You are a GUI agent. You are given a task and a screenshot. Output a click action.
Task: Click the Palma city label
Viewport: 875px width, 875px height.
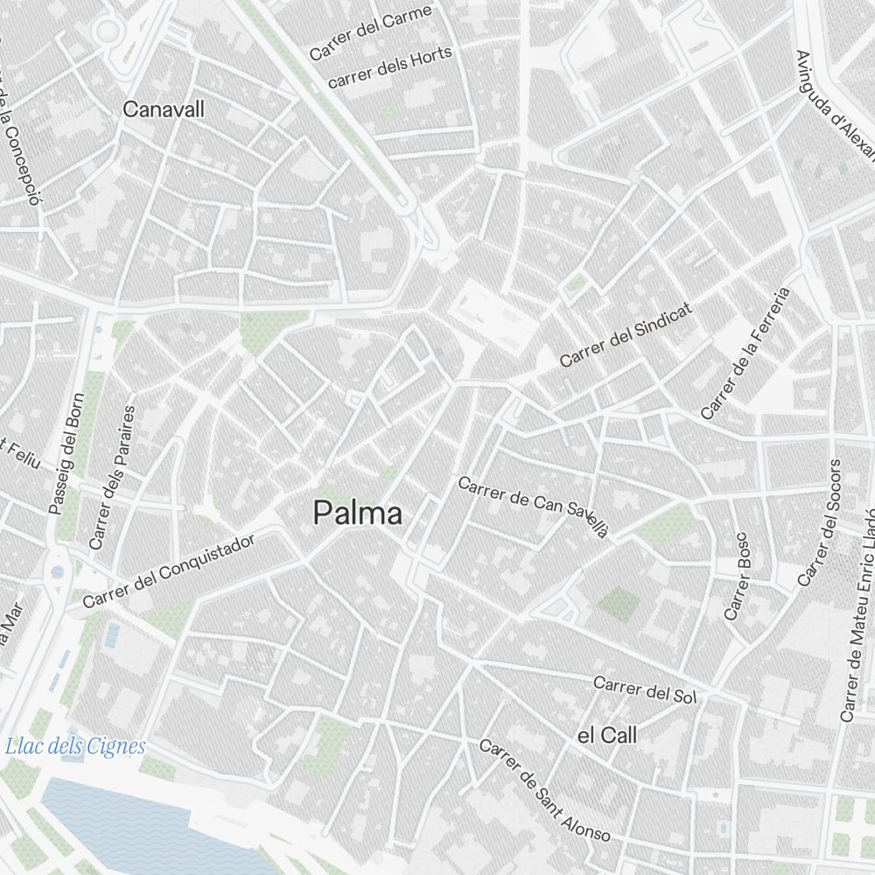tap(359, 514)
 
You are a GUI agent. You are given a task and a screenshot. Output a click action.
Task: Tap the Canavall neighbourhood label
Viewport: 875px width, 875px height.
tap(164, 109)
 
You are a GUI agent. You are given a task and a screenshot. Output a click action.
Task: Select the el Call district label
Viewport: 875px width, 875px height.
tap(607, 736)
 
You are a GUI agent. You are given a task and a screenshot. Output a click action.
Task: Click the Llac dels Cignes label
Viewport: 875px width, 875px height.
tap(74, 746)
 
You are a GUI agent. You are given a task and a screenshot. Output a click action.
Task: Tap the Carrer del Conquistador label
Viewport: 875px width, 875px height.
tap(169, 571)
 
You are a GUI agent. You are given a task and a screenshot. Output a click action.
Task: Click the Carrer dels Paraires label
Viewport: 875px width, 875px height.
tap(113, 477)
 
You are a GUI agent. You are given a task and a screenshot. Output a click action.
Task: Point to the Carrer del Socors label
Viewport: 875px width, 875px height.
tap(820, 522)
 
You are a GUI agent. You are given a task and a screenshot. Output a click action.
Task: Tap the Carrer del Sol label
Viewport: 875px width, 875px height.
tap(644, 690)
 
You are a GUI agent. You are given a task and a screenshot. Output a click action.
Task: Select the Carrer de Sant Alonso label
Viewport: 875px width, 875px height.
tap(544, 791)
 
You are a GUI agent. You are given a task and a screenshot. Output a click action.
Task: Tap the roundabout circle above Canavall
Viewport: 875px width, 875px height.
tap(108, 31)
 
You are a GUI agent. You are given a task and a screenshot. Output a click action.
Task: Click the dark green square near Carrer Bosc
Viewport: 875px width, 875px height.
tap(619, 604)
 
